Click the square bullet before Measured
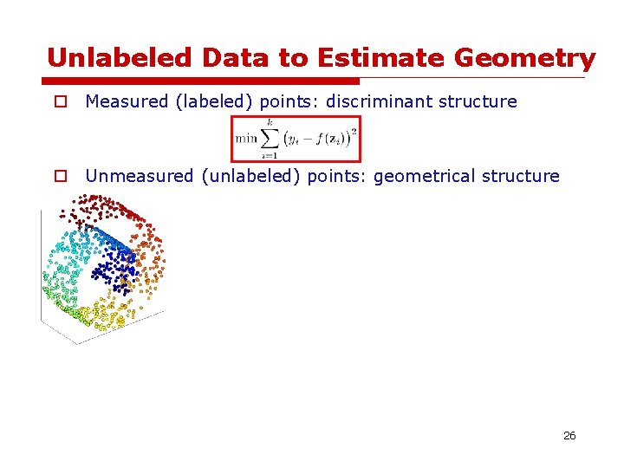tap(60, 102)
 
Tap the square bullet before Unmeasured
tap(60, 177)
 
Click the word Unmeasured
tap(140, 176)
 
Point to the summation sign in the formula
tap(269, 138)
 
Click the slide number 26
tap(569, 435)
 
